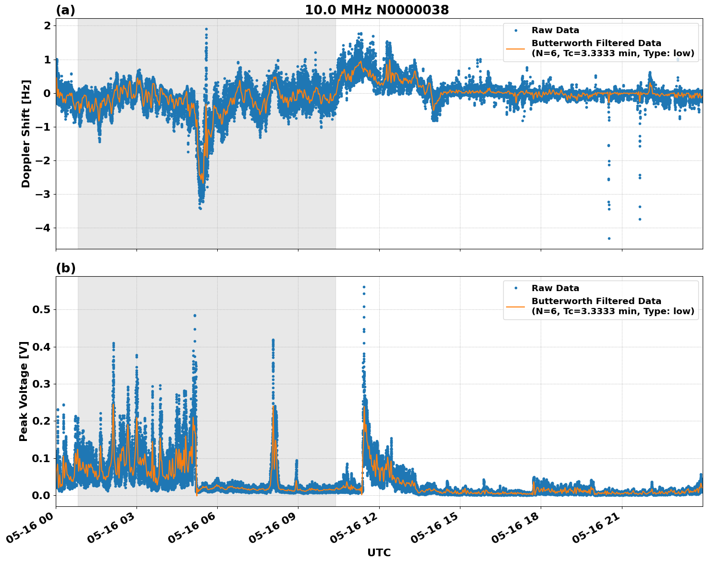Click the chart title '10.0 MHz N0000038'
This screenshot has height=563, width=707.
coord(377,10)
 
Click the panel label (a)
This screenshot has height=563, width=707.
coord(65,10)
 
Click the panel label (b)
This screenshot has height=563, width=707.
coord(65,268)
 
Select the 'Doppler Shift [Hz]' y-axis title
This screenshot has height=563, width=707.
coord(26,134)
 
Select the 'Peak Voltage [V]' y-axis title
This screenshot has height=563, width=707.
coord(24,391)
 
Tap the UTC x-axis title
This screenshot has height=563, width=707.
coord(379,552)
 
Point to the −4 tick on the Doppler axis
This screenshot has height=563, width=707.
coord(43,228)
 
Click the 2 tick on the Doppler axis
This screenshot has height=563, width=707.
coord(47,26)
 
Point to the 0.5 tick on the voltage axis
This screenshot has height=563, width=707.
coord(41,310)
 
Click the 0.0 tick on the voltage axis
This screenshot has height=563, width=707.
coord(41,495)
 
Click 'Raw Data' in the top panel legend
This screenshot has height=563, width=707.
coord(555,31)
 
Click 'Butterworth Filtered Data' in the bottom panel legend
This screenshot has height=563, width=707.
coord(596,301)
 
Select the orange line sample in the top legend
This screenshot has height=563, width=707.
coord(516,49)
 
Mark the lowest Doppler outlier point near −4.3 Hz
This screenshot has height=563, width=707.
coord(609,238)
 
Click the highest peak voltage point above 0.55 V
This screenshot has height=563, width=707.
coord(364,287)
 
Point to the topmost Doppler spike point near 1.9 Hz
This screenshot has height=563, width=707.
coord(206,29)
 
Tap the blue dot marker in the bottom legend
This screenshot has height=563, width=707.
coord(516,288)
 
